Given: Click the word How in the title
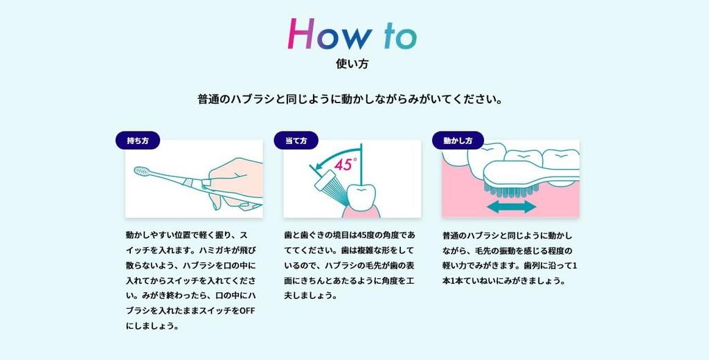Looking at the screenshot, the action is pyautogui.click(x=330, y=35).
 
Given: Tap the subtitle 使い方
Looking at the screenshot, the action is pyautogui.click(x=352, y=63).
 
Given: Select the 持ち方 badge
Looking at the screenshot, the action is pyautogui.click(x=138, y=141).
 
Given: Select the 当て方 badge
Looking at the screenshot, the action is pyautogui.click(x=296, y=141).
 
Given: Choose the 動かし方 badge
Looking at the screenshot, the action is pyautogui.click(x=458, y=141).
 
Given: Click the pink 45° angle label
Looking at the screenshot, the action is pyautogui.click(x=345, y=163).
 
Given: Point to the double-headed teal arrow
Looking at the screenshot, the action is pyautogui.click(x=512, y=207).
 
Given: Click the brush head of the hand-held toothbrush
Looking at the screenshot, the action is pyautogui.click(x=143, y=171).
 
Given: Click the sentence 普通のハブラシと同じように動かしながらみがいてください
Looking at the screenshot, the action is pyautogui.click(x=350, y=99).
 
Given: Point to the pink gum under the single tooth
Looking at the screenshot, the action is pyautogui.click(x=360, y=212).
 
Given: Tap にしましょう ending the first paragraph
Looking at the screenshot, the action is pyautogui.click(x=152, y=326).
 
